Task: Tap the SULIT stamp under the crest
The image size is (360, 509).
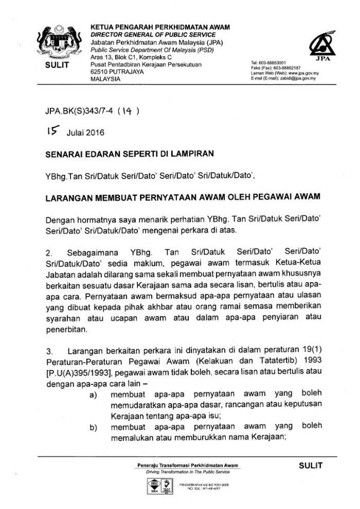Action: tap(53, 64)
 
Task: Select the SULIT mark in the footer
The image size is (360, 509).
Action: tap(310, 465)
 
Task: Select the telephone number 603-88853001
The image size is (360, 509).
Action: tap(275, 63)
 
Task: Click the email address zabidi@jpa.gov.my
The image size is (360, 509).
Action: tap(297, 78)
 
